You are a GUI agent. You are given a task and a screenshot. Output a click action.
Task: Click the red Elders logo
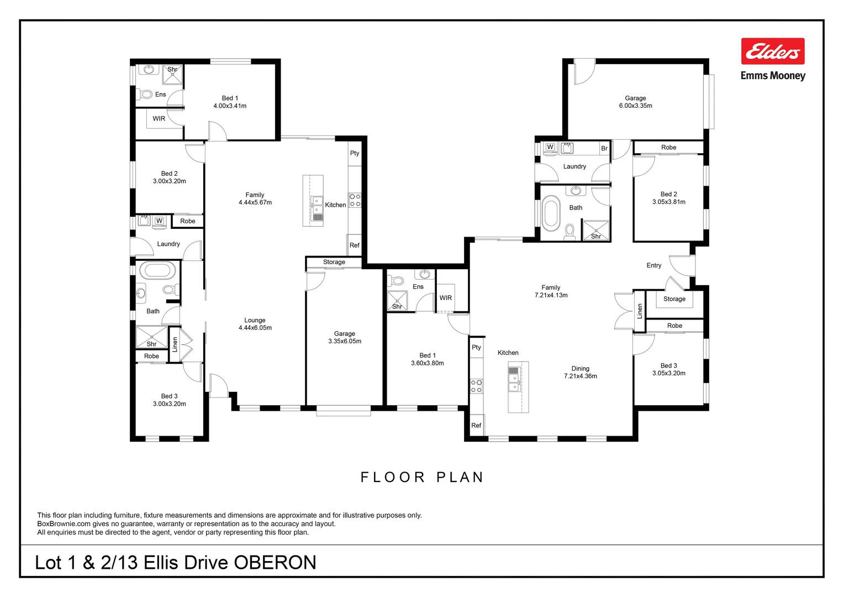[772, 51]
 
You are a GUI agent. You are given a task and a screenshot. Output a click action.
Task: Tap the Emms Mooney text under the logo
[773, 76]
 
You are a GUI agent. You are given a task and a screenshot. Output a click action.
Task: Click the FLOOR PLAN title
[422, 477]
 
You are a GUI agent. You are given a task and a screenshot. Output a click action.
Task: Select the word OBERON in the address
[275, 563]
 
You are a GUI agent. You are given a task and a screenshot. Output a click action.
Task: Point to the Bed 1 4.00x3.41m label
[230, 102]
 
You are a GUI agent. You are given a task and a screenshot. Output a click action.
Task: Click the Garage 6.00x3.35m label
[635, 102]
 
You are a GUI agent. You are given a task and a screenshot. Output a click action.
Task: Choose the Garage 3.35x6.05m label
[345, 337]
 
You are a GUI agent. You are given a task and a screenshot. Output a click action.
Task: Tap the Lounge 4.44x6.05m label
[255, 324]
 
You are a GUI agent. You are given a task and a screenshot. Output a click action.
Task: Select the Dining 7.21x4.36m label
[580, 372]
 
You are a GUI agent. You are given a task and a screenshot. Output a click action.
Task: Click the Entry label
[653, 265]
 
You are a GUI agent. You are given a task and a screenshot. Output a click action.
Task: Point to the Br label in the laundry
[604, 148]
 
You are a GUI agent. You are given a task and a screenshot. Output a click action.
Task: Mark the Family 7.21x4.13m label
[551, 291]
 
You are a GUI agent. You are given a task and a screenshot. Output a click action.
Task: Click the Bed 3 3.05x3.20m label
[668, 369]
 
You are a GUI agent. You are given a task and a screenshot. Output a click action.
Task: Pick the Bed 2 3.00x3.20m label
[169, 177]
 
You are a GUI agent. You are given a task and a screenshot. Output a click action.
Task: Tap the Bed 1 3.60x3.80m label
[427, 359]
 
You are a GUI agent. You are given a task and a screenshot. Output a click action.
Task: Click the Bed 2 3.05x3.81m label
[668, 198]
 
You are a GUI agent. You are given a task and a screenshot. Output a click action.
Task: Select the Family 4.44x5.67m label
[255, 198]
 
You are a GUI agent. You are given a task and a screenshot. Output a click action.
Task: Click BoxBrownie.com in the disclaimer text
[64, 524]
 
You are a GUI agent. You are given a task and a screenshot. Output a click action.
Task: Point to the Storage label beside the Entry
[674, 299]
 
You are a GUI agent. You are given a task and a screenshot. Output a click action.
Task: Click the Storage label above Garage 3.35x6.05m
[334, 262]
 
